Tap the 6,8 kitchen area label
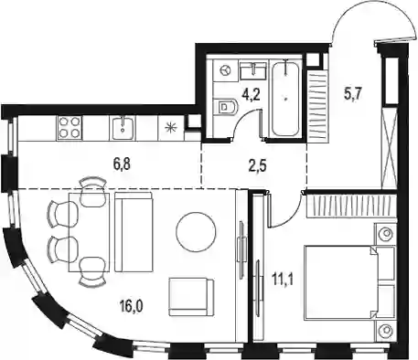coord(122,164)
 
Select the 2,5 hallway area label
coord(258,166)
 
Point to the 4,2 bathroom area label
coord(251,95)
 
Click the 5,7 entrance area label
coord(353,94)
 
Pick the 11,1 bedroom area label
coord(283,281)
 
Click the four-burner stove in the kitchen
coord(70,128)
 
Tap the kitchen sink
coord(123,128)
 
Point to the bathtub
coord(285,99)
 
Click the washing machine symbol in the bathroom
coord(225,70)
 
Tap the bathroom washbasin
coord(254,70)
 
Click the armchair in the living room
coord(191,297)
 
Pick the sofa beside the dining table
coord(134,232)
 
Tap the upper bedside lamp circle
coord(386,234)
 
